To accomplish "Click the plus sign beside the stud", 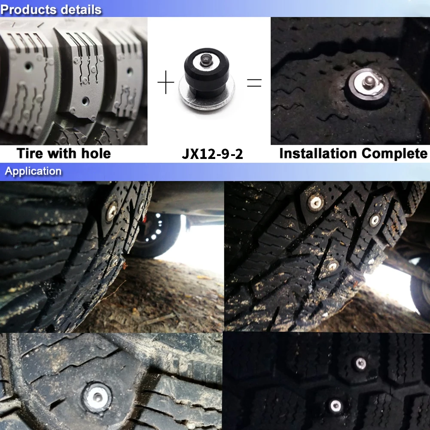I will (166, 82).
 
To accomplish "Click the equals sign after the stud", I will (254, 82).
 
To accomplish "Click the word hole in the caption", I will (96, 153).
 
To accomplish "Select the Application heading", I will (33, 171).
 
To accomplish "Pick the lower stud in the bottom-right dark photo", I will (335, 405).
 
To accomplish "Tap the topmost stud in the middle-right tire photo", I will (316, 200).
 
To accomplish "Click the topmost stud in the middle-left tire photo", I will (112, 209).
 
